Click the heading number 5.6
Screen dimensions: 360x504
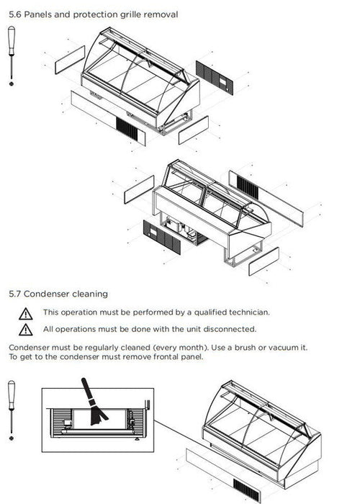click(x=15, y=14)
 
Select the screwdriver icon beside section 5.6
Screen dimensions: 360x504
click(x=12, y=56)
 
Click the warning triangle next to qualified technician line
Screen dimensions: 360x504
click(x=25, y=314)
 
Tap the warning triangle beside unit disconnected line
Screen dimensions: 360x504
click(x=25, y=330)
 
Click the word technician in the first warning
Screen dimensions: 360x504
click(x=249, y=312)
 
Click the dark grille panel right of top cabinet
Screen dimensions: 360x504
click(x=215, y=78)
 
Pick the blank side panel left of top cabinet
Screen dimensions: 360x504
click(x=70, y=60)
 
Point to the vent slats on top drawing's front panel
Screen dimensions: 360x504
click(x=127, y=129)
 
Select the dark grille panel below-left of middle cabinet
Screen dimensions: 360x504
click(x=162, y=237)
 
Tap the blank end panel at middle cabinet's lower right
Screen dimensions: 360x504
click(x=264, y=261)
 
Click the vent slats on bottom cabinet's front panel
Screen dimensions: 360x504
click(x=246, y=490)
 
